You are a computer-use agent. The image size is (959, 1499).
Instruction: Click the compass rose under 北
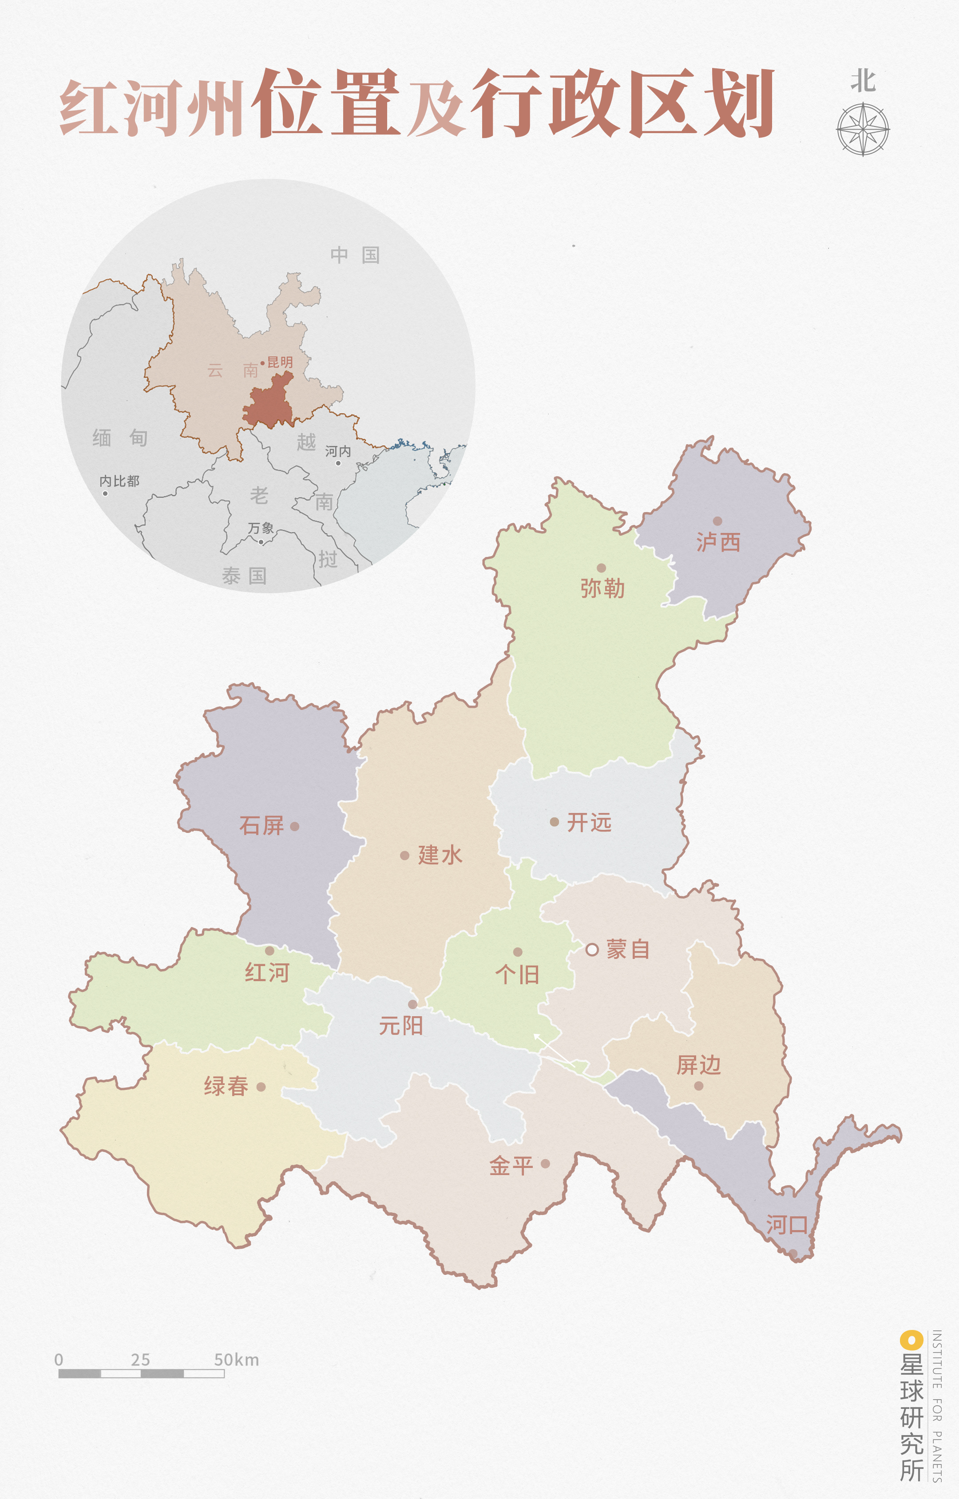pyautogui.click(x=863, y=130)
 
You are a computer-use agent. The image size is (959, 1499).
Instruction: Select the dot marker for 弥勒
pyautogui.click(x=601, y=568)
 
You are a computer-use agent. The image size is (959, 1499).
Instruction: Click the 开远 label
pyautogui.click(x=589, y=822)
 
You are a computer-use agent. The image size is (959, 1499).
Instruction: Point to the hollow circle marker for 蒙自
pyautogui.click(x=592, y=949)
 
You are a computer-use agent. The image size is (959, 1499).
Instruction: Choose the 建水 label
pyautogui.click(x=440, y=855)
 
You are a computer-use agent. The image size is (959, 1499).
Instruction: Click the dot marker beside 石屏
pyautogui.click(x=294, y=826)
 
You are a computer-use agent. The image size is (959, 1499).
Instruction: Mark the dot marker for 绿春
pyautogui.click(x=261, y=1087)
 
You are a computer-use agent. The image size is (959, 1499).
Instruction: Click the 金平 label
pyautogui.click(x=511, y=1165)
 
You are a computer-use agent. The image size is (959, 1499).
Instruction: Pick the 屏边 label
pyautogui.click(x=699, y=1065)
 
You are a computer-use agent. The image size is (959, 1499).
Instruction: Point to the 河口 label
pyautogui.click(x=786, y=1224)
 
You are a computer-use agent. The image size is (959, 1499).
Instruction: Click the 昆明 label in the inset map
pyautogui.click(x=280, y=362)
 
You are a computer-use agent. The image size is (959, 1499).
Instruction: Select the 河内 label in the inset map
pyautogui.click(x=338, y=451)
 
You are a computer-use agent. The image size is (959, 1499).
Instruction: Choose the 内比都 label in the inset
pyautogui.click(x=119, y=481)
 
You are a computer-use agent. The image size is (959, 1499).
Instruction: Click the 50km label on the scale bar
pyautogui.click(x=236, y=1360)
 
